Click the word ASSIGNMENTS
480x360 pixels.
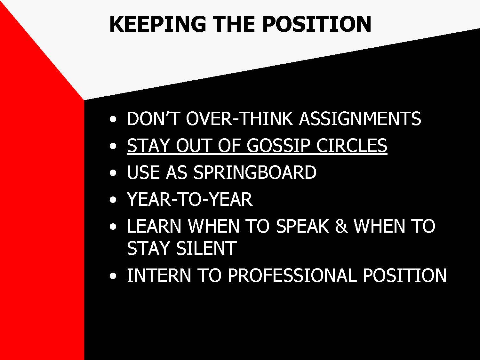coord(360,118)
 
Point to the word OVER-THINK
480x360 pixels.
coord(239,118)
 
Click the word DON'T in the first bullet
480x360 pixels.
coord(153,118)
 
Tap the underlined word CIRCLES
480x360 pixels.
coord(352,145)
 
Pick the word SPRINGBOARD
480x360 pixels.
coord(255,172)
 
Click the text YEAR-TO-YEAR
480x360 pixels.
coord(190,199)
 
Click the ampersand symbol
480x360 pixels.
coord(341,226)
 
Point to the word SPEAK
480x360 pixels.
coord(302,226)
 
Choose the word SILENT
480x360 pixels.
coord(206,248)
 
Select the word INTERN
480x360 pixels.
coord(159,275)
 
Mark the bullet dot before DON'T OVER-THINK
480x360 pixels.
coord(113,119)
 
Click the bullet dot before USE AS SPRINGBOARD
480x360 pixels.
coord(113,173)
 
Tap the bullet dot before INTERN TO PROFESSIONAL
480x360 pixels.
coord(113,276)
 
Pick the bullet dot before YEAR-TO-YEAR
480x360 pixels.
coord(113,200)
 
